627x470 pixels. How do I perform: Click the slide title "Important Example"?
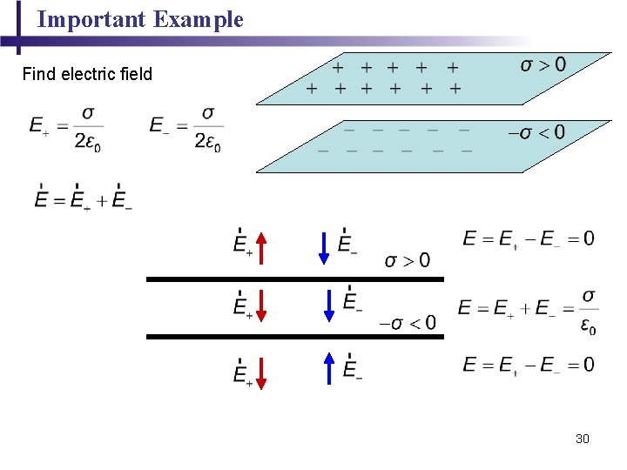coord(140,19)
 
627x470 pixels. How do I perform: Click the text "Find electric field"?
coord(87,74)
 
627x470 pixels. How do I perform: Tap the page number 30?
coord(583,439)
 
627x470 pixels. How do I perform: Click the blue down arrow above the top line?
coord(324,247)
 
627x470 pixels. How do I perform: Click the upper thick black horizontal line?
coord(294,279)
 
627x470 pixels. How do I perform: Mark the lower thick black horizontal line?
coord(294,336)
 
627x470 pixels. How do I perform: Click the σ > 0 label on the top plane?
coord(543,65)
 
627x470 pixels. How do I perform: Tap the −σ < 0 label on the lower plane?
coord(536,132)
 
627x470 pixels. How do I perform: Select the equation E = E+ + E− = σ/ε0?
coord(528,310)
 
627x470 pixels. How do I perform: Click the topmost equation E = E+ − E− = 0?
coord(529,238)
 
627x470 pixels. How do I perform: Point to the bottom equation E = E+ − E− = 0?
coord(529,365)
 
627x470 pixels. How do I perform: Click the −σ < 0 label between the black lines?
coord(408,323)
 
